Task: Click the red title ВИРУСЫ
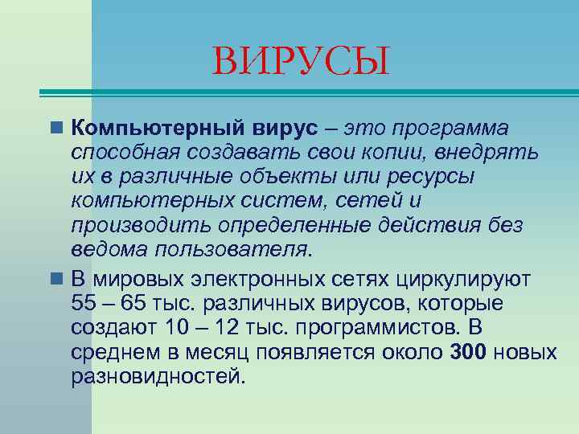[301, 62]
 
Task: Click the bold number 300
[468, 352]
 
